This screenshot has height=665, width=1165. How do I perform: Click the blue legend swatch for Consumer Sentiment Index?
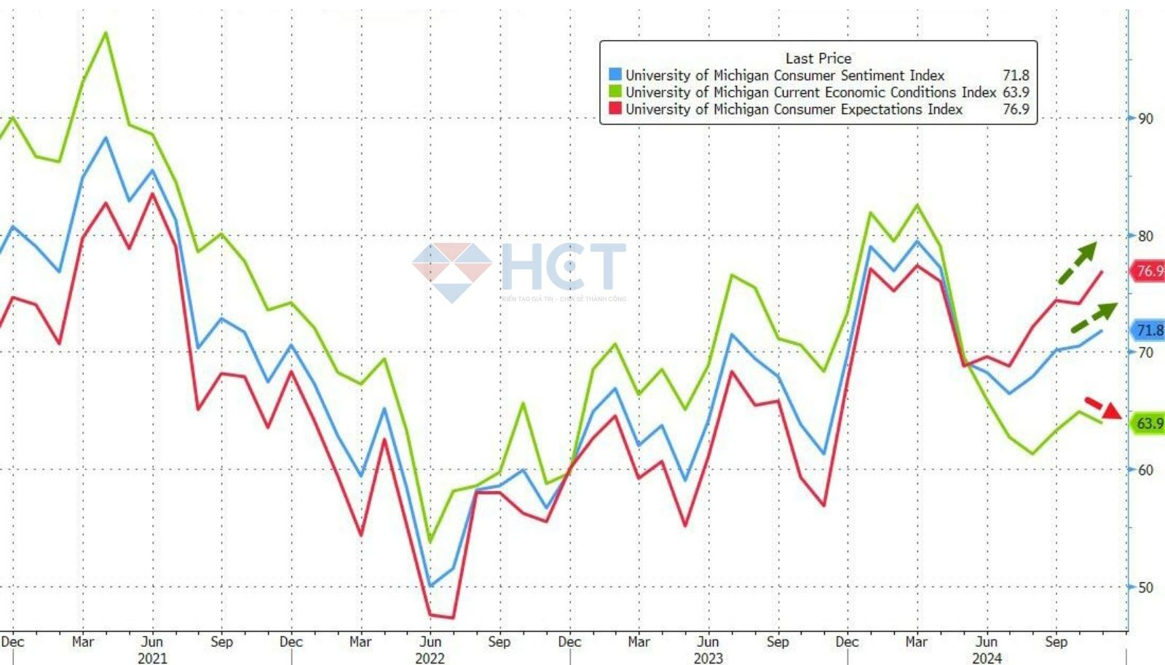point(615,75)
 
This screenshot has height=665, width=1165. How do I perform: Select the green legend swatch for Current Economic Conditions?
point(615,92)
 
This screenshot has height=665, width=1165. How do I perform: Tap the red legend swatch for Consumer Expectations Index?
point(615,108)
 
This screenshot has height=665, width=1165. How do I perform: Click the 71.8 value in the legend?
point(1016,75)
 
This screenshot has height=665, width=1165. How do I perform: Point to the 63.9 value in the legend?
point(1016,92)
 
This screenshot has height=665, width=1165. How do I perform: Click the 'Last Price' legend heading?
point(818,58)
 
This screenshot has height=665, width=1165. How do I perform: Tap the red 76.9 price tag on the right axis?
point(1149,271)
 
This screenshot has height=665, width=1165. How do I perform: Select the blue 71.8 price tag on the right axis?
point(1149,330)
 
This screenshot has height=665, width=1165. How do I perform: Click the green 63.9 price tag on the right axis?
point(1149,423)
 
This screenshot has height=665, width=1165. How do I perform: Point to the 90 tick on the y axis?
point(1145,119)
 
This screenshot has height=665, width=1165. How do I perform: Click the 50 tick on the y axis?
point(1145,587)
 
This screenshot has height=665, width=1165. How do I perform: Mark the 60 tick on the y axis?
point(1145,470)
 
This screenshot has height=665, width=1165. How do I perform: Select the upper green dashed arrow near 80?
point(1078,263)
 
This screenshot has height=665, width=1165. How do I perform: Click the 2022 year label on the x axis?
point(430,658)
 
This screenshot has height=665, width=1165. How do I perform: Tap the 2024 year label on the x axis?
point(987,658)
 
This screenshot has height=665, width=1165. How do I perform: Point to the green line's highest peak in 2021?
point(106,33)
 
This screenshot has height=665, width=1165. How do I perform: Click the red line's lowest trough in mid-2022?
point(453,618)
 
